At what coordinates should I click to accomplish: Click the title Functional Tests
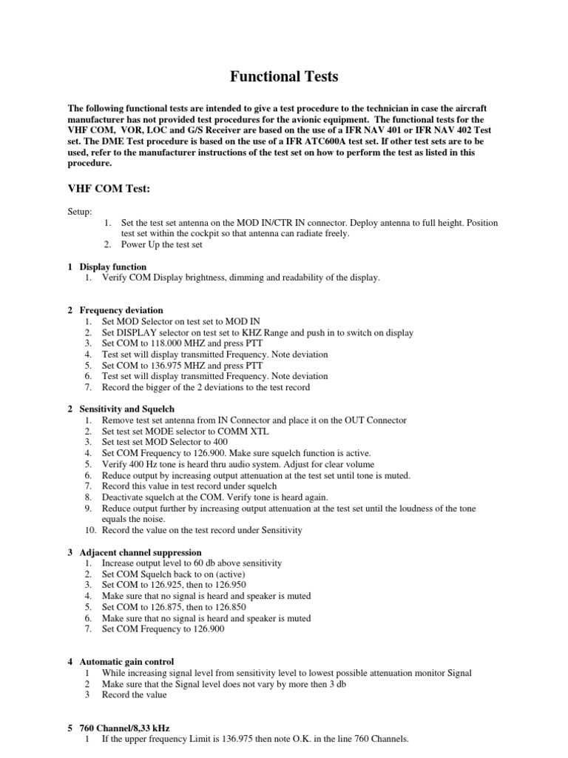click(x=283, y=76)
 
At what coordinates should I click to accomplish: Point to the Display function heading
click(x=113, y=266)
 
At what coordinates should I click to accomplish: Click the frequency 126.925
click(x=162, y=585)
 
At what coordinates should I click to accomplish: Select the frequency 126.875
click(x=162, y=607)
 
